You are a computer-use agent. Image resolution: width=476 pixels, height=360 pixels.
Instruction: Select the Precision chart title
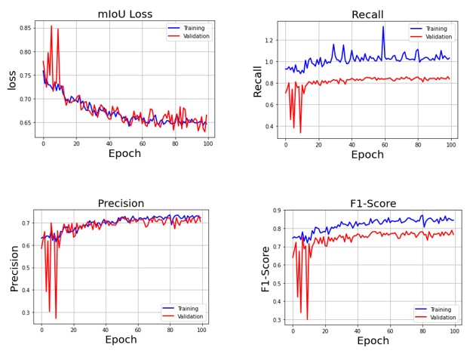pyautogui.click(x=121, y=203)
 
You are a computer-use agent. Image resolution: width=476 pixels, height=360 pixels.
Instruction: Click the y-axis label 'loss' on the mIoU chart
pyautogui.click(x=12, y=79)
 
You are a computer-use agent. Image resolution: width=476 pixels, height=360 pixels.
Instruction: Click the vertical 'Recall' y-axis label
pyautogui.click(x=259, y=79)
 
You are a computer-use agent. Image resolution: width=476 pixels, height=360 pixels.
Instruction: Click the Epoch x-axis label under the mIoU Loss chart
pyautogui.click(x=124, y=154)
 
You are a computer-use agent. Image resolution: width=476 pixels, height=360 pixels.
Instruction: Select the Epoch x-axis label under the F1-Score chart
pyautogui.click(x=373, y=341)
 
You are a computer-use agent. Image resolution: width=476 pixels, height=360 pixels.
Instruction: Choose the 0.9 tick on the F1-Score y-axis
pyautogui.click(x=276, y=211)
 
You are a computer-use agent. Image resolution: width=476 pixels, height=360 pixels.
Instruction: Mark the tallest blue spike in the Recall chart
pyautogui.click(x=383, y=27)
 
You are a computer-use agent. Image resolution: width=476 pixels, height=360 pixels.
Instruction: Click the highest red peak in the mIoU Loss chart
pyautogui.click(x=51, y=26)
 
